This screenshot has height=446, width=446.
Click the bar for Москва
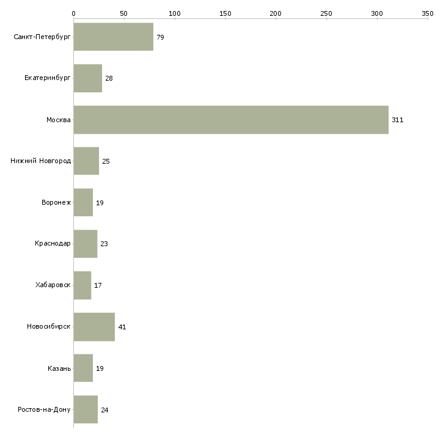click(x=231, y=120)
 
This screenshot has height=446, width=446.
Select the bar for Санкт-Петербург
click(x=114, y=37)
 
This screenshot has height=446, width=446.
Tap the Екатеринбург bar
click(x=88, y=78)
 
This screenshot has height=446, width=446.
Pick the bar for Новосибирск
click(x=94, y=327)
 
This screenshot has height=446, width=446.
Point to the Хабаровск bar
click(x=82, y=285)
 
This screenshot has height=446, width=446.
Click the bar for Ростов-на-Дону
click(x=86, y=409)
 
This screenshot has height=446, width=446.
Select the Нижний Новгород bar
click(x=86, y=161)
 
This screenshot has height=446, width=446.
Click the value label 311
click(x=397, y=120)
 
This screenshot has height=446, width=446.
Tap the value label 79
click(x=160, y=37)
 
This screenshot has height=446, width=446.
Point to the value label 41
click(x=122, y=327)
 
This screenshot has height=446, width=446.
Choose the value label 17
click(x=98, y=285)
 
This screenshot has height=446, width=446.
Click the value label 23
click(x=104, y=244)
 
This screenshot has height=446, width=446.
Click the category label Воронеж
click(x=56, y=202)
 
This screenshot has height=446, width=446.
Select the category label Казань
click(x=59, y=368)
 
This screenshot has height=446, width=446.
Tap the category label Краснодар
click(x=53, y=244)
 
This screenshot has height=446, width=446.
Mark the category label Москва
click(x=58, y=120)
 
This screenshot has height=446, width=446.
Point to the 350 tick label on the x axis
click(x=428, y=13)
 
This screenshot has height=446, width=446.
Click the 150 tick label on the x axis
click(x=225, y=13)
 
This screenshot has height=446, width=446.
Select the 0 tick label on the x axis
click(x=74, y=13)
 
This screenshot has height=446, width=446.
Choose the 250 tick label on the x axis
click(x=326, y=13)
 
